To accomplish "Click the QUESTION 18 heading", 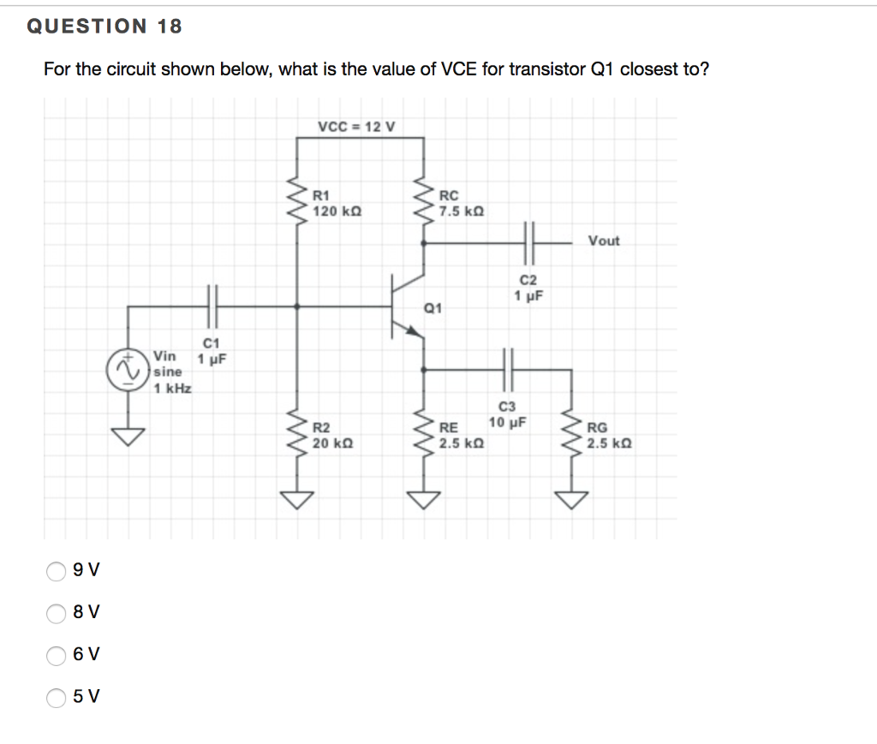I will coord(104,27).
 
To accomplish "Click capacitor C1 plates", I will coord(212,306).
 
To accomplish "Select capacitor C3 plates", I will coord(507,369).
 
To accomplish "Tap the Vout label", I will coord(603,241).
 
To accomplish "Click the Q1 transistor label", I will coord(433,308).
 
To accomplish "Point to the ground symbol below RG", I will coord(572,499).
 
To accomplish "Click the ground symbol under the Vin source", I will coord(128,437).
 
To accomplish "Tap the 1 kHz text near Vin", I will coord(172,389).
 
